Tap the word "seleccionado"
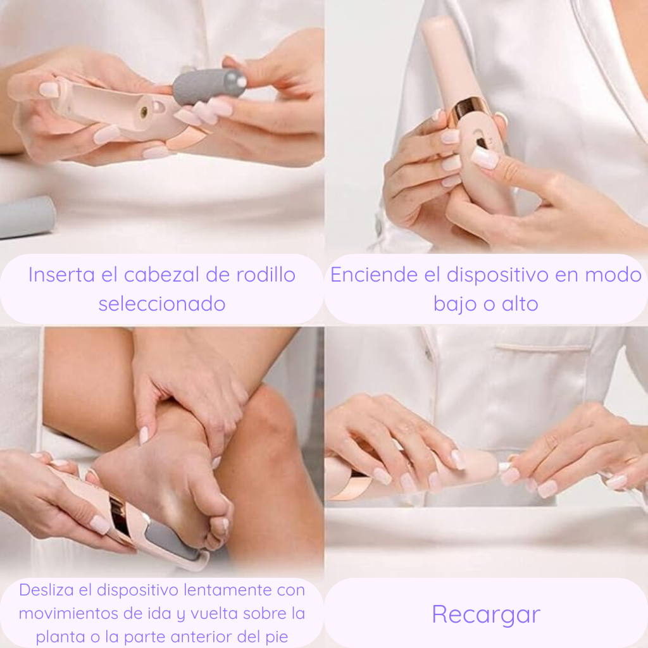[162, 304]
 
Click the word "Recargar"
[486, 614]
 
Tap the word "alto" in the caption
[519, 304]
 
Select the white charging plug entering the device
[505, 467]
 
